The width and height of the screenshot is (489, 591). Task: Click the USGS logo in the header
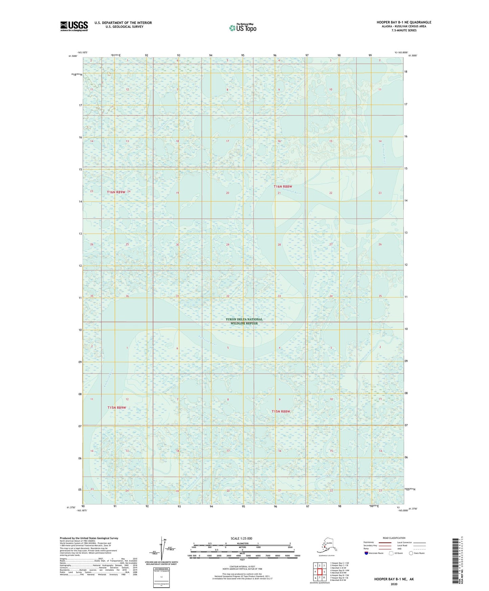click(x=74, y=26)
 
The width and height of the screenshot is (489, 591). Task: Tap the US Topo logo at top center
click(x=242, y=28)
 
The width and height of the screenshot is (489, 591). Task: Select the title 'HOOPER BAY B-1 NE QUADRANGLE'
click(x=404, y=22)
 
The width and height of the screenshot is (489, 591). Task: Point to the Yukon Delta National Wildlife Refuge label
click(x=244, y=321)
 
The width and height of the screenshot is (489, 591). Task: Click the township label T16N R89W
click(x=116, y=192)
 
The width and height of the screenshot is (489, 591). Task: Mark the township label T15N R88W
click(x=281, y=412)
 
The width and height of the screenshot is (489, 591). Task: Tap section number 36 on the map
click(x=127, y=296)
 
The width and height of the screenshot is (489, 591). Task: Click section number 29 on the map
click(x=228, y=244)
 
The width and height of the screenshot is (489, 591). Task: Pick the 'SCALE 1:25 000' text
click(x=241, y=539)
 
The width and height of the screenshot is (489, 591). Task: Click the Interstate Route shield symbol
click(x=366, y=553)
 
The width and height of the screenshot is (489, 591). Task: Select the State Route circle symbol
click(x=411, y=553)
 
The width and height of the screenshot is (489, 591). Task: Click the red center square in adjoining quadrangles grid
click(x=319, y=572)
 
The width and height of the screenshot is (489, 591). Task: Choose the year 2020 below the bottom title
click(x=394, y=584)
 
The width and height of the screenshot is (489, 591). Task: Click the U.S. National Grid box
click(x=161, y=577)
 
